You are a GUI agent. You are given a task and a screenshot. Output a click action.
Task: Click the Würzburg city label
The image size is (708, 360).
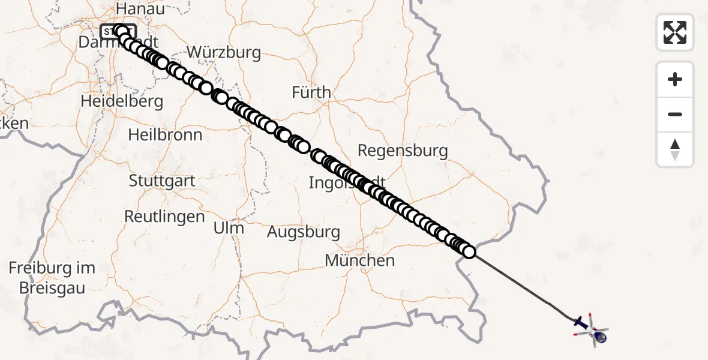pyautogui.click(x=224, y=52)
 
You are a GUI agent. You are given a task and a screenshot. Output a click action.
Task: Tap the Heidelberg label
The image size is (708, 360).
pyautogui.click(x=122, y=101)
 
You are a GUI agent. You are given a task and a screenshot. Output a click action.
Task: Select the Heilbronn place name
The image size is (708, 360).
pyautogui.click(x=165, y=134)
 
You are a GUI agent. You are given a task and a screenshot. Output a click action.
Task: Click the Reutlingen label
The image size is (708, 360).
pyautogui.click(x=164, y=216)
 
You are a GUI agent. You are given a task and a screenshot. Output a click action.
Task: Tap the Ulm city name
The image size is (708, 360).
pyautogui.click(x=229, y=228)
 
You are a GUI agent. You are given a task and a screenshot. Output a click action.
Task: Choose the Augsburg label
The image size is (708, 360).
pyautogui.click(x=303, y=232)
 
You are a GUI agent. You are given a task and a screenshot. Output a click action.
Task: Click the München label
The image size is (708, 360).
pyautogui.click(x=360, y=260)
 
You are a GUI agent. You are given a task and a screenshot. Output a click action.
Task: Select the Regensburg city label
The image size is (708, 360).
pyautogui.click(x=403, y=150)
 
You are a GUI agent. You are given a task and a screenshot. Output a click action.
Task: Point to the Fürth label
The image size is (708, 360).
pyautogui.click(x=311, y=92)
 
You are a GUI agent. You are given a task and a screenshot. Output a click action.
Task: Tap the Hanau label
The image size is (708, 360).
pyautogui.click(x=140, y=8)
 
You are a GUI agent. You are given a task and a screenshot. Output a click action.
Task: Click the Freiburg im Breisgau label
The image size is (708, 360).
pyautogui.click(x=52, y=278)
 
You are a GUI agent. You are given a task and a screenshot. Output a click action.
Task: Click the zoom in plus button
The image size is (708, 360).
pyautogui.click(x=675, y=79)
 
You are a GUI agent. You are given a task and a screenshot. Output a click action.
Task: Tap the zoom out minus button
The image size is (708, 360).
pyautogui.click(x=675, y=114)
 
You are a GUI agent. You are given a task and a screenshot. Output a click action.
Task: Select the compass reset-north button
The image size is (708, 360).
pyautogui.click(x=675, y=149)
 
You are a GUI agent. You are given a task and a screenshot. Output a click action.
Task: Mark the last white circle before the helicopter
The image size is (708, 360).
pyautogui.click(x=469, y=252)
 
